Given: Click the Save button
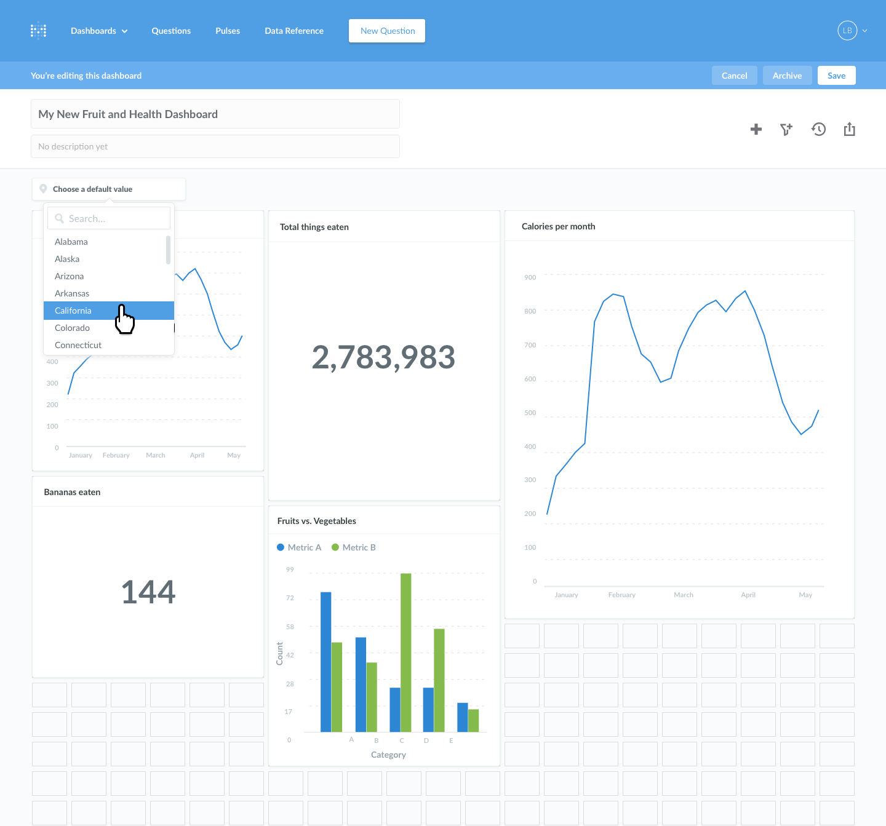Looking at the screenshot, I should (836, 76).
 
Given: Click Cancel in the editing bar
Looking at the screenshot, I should (734, 76).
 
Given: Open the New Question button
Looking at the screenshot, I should (387, 31).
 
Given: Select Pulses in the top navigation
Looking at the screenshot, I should (228, 31).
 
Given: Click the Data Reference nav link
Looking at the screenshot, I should (294, 31).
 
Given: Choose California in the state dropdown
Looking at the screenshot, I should (73, 311).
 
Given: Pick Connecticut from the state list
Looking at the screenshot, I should (78, 345).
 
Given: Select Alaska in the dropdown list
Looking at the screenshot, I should (67, 259).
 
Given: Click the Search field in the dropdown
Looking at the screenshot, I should (109, 218).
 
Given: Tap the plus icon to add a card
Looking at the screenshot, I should (756, 129).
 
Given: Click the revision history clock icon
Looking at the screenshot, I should (818, 129).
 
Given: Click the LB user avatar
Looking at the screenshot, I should (847, 31).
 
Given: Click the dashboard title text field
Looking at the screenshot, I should (215, 114).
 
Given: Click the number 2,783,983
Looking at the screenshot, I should (383, 357).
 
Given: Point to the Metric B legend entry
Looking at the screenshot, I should (354, 547).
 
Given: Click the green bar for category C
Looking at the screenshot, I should (406, 652).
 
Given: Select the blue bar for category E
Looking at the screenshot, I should (463, 717).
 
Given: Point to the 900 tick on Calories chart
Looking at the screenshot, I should (530, 277).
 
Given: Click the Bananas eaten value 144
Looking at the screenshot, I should (148, 592).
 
